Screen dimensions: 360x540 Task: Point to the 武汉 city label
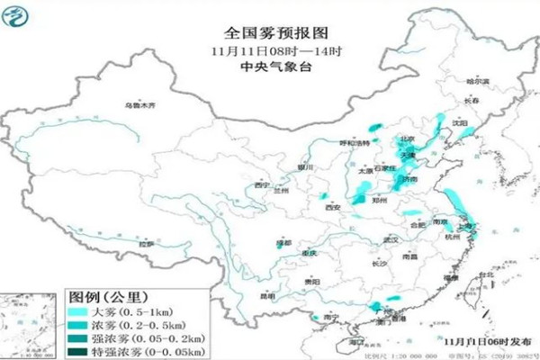(x=390, y=239)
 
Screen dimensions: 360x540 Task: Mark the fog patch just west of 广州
(x=368, y=309)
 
